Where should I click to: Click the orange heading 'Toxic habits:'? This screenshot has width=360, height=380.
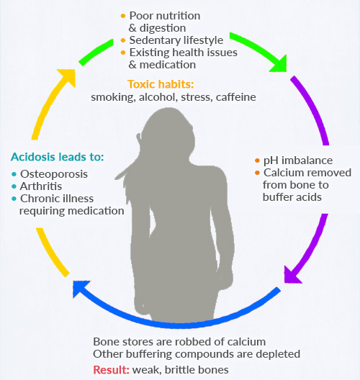click(161, 84)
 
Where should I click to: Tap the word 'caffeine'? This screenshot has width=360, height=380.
click(236, 97)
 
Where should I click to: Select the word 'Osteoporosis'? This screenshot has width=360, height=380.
click(54, 174)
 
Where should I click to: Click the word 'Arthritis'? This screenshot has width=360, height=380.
click(41, 186)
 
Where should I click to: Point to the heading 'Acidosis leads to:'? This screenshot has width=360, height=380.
click(58, 157)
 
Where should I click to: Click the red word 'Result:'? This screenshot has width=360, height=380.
click(112, 370)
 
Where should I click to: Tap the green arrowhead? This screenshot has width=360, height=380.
click(279, 64)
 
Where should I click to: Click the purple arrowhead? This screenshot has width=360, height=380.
click(292, 275)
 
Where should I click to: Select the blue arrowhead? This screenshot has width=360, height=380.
click(81, 289)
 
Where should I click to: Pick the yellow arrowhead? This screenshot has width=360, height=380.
click(68, 77)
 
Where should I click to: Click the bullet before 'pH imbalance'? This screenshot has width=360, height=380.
click(258, 160)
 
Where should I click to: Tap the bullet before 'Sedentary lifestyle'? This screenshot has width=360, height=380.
click(123, 40)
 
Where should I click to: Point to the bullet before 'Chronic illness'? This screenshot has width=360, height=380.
click(14, 199)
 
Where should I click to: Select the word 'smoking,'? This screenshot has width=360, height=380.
click(113, 97)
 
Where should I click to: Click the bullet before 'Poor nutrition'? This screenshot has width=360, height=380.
click(123, 16)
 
